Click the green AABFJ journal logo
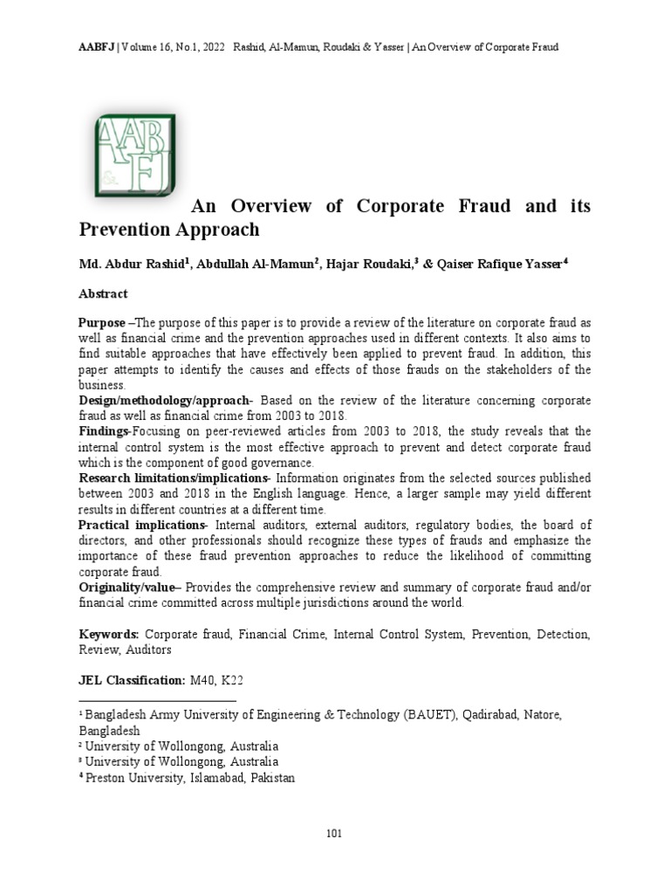(x=134, y=154)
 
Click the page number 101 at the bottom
(x=334, y=833)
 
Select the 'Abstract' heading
(x=103, y=294)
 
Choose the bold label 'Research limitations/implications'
(x=171, y=478)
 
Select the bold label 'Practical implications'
(x=140, y=525)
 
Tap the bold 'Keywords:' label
(x=108, y=635)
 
